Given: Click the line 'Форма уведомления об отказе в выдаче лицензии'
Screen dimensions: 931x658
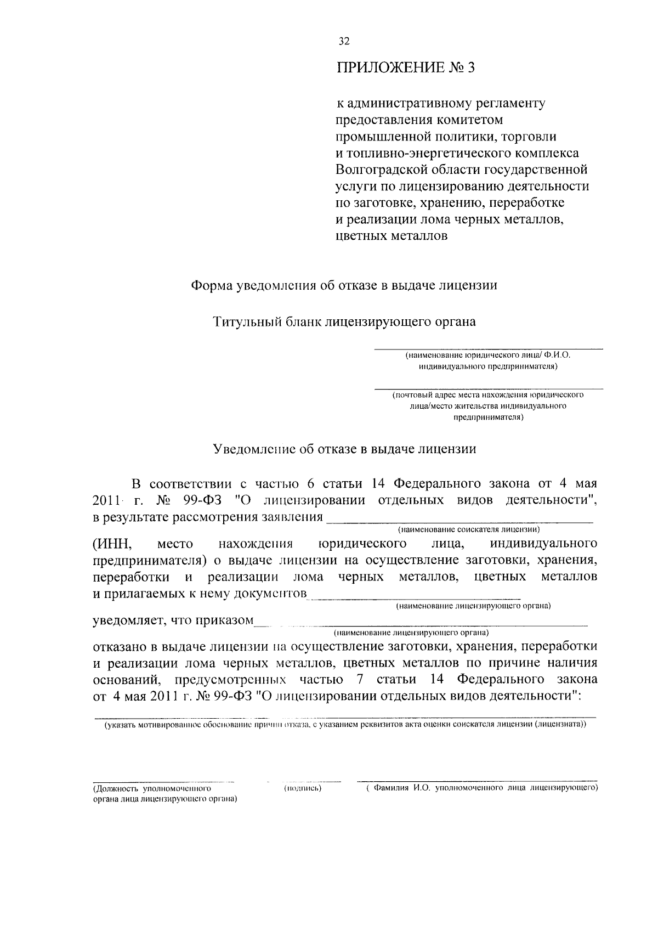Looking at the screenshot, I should pos(344,285).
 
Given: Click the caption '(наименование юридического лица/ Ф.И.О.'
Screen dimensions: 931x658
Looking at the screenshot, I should pos(488,356).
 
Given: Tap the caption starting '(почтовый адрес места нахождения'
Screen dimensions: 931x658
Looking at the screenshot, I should pos(488,395).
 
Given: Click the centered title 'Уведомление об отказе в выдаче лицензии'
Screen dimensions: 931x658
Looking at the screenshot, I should pos(344,449).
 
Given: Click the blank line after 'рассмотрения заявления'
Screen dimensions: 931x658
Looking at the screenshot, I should pos(460,518).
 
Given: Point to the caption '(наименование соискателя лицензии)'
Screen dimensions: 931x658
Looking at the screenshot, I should pos(469,529).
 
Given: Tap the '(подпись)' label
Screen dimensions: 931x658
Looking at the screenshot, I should pos(302,788).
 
